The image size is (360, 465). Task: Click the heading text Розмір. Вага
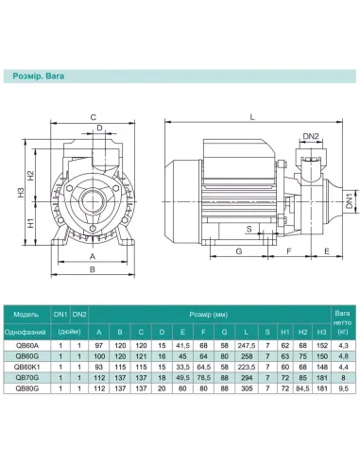[x=39, y=76]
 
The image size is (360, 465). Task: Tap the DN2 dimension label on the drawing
[x=311, y=136]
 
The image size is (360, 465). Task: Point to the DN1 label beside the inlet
[x=349, y=201]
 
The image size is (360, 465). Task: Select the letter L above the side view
[x=252, y=117]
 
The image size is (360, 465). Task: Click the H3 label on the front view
[x=21, y=193]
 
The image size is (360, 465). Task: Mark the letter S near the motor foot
[x=249, y=229]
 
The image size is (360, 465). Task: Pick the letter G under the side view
[x=239, y=251]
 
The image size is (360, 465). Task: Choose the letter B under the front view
[x=93, y=269]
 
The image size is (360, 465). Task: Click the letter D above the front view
[x=99, y=128]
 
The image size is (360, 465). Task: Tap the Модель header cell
[x=26, y=315]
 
